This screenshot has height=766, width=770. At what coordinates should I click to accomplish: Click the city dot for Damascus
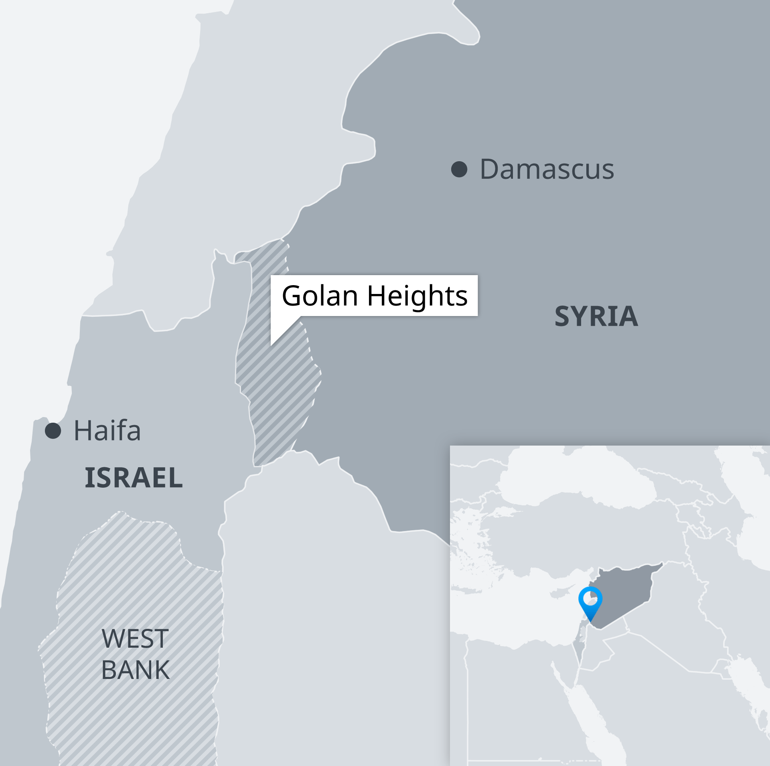point(459,169)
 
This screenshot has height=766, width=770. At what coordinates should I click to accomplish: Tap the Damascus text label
point(547,169)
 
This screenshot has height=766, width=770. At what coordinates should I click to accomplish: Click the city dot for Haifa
point(53,431)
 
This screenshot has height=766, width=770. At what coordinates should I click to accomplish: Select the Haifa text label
point(107,431)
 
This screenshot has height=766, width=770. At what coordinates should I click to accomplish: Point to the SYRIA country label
point(596,316)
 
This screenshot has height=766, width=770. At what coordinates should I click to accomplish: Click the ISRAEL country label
point(134,478)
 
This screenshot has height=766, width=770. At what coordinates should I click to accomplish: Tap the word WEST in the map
point(135,638)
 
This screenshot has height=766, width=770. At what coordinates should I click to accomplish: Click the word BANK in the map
point(135,670)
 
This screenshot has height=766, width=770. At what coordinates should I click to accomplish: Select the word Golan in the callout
point(320,296)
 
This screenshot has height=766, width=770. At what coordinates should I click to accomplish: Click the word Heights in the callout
point(417,296)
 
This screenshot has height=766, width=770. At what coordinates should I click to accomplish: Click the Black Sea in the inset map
point(577,477)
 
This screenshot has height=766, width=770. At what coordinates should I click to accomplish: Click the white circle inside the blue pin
point(590,599)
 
